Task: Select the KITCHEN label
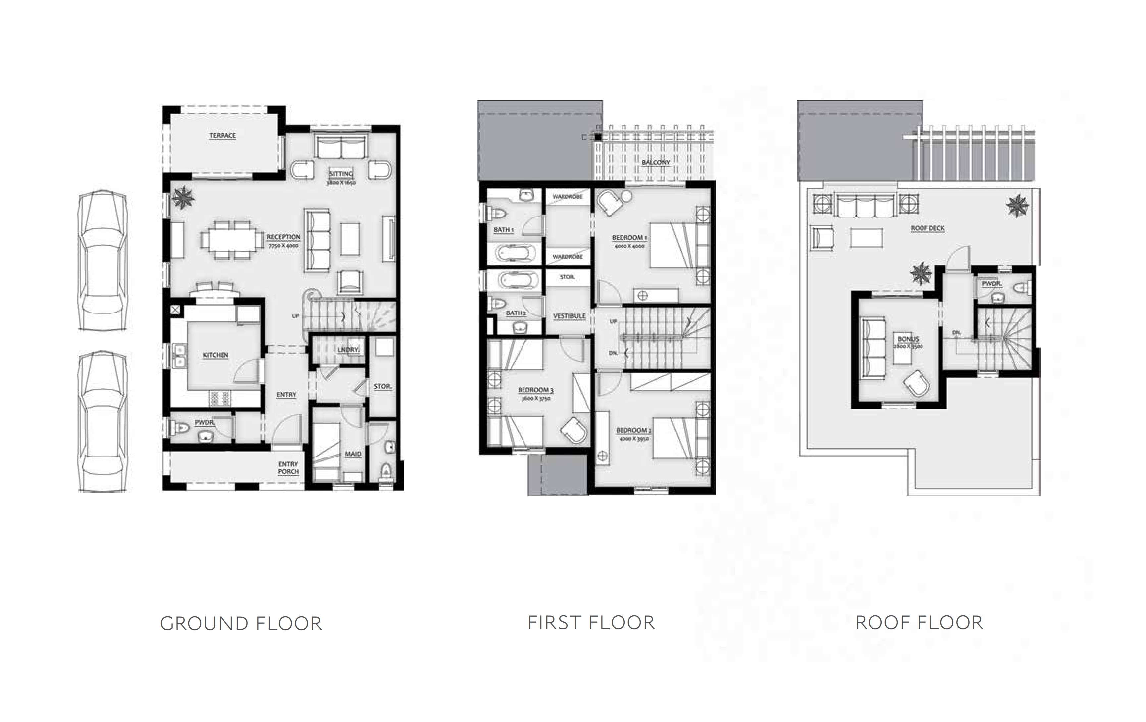(216, 356)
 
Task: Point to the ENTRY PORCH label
(288, 468)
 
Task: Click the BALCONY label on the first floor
(656, 162)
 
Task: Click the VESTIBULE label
(569, 316)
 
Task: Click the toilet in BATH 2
(497, 303)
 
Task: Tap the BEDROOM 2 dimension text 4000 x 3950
(634, 439)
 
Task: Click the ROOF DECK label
(927, 228)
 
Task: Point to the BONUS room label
(908, 339)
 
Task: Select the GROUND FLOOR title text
(241, 623)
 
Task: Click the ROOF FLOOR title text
(919, 623)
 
